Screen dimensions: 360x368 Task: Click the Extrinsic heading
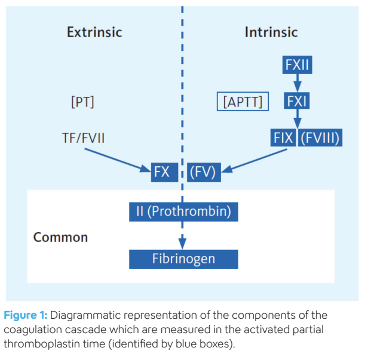tap(94, 32)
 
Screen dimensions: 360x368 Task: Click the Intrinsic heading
tap(271, 32)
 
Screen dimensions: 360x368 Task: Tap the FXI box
tap(297, 101)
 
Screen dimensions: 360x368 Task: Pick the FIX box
tap(283, 138)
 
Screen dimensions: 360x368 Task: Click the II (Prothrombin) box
tap(183, 211)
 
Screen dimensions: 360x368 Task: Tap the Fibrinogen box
tap(183, 259)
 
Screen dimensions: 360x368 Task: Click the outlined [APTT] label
tap(243, 102)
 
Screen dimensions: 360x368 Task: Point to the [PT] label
tap(82, 102)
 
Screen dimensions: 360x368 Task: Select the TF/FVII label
tap(84, 138)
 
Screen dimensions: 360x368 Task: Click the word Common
tap(60, 237)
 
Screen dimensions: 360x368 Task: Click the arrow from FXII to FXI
tap(297, 83)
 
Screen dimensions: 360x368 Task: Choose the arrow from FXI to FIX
tap(297, 120)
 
